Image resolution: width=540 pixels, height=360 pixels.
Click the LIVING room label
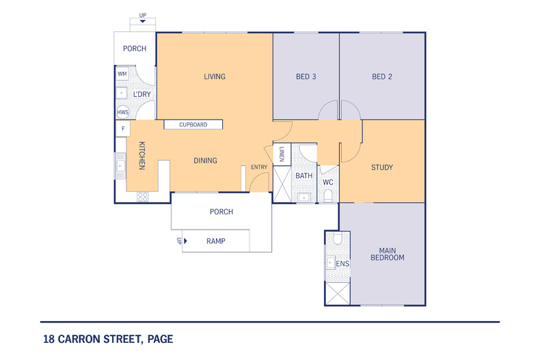pos(214,77)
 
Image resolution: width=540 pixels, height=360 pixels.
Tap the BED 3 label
pos(305,77)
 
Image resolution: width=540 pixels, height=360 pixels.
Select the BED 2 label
pos(381,77)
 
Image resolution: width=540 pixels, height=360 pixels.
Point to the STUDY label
pos(381,167)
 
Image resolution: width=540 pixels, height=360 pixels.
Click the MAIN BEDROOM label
pos(388,253)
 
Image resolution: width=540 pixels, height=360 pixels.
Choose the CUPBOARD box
pos(193,125)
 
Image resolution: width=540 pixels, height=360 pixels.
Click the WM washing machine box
pos(122,74)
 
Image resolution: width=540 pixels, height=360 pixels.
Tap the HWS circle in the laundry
pos(122,112)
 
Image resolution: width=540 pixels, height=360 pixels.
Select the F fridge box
pos(123,128)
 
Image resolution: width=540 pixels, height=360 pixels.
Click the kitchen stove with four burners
pos(143,197)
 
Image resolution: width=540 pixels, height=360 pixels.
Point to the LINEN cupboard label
pos(281,155)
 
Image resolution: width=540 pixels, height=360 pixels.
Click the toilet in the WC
pos(328,197)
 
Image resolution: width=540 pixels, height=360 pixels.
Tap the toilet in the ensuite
pos(336,240)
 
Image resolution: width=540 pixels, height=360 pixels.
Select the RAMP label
pos(215,241)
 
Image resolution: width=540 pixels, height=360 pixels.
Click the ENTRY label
pos(259,167)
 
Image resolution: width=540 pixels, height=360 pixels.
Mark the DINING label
pos(205,161)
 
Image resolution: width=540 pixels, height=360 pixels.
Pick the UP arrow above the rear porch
pos(142,21)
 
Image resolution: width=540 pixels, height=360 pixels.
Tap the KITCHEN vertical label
pos(142,156)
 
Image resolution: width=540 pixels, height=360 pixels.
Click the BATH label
pos(303,176)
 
